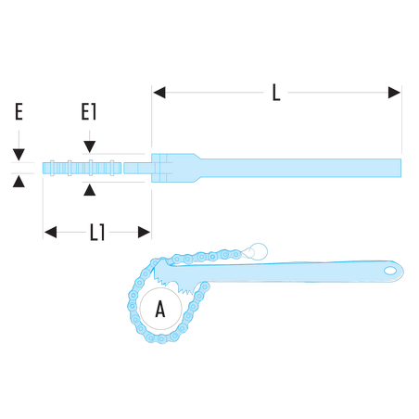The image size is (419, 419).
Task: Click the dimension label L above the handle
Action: click(276, 93)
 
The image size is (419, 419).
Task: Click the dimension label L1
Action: click(97, 233)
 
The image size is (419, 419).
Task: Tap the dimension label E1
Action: click(89, 111)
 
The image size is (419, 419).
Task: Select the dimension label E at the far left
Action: click(19, 111)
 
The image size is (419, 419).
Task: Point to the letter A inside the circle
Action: click(160, 309)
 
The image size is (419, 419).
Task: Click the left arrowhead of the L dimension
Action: click(159, 93)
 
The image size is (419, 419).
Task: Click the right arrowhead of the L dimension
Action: click(394, 93)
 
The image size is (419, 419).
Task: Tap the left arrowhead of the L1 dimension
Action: click(50, 232)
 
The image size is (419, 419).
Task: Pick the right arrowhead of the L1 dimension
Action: click(144, 232)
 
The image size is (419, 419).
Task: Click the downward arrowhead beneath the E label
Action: click(19, 155)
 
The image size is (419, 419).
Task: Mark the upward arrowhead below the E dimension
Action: click(19, 182)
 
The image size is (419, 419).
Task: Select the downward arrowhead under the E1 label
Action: click(90, 146)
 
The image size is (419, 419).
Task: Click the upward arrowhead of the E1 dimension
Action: click(90, 190)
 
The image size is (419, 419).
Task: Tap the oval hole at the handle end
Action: click(390, 271)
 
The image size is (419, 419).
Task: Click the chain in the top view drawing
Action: click(82, 168)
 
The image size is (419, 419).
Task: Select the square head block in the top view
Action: click(161, 168)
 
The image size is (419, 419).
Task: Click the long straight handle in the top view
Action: click(299, 168)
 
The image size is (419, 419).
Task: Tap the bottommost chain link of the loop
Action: click(161, 338)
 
